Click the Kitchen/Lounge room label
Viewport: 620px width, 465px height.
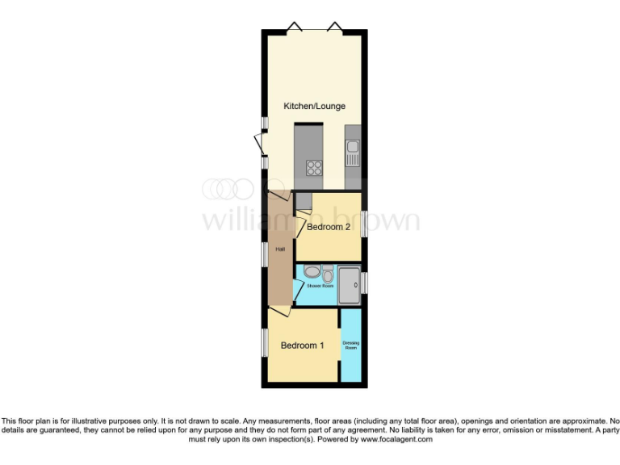314,106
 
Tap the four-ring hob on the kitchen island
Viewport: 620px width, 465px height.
313,169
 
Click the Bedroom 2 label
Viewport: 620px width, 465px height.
329,228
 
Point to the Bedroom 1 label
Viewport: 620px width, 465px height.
302,346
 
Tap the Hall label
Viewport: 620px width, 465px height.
280,249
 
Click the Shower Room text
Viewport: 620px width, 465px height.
320,286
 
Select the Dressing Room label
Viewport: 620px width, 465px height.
351,346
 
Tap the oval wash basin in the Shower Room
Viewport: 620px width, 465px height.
311,272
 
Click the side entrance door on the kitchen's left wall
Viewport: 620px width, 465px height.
259,145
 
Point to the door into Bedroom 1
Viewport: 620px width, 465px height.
280,312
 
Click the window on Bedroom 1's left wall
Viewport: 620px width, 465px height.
265,341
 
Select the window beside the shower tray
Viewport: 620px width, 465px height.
364,283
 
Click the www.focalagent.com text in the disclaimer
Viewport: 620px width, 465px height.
396,440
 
